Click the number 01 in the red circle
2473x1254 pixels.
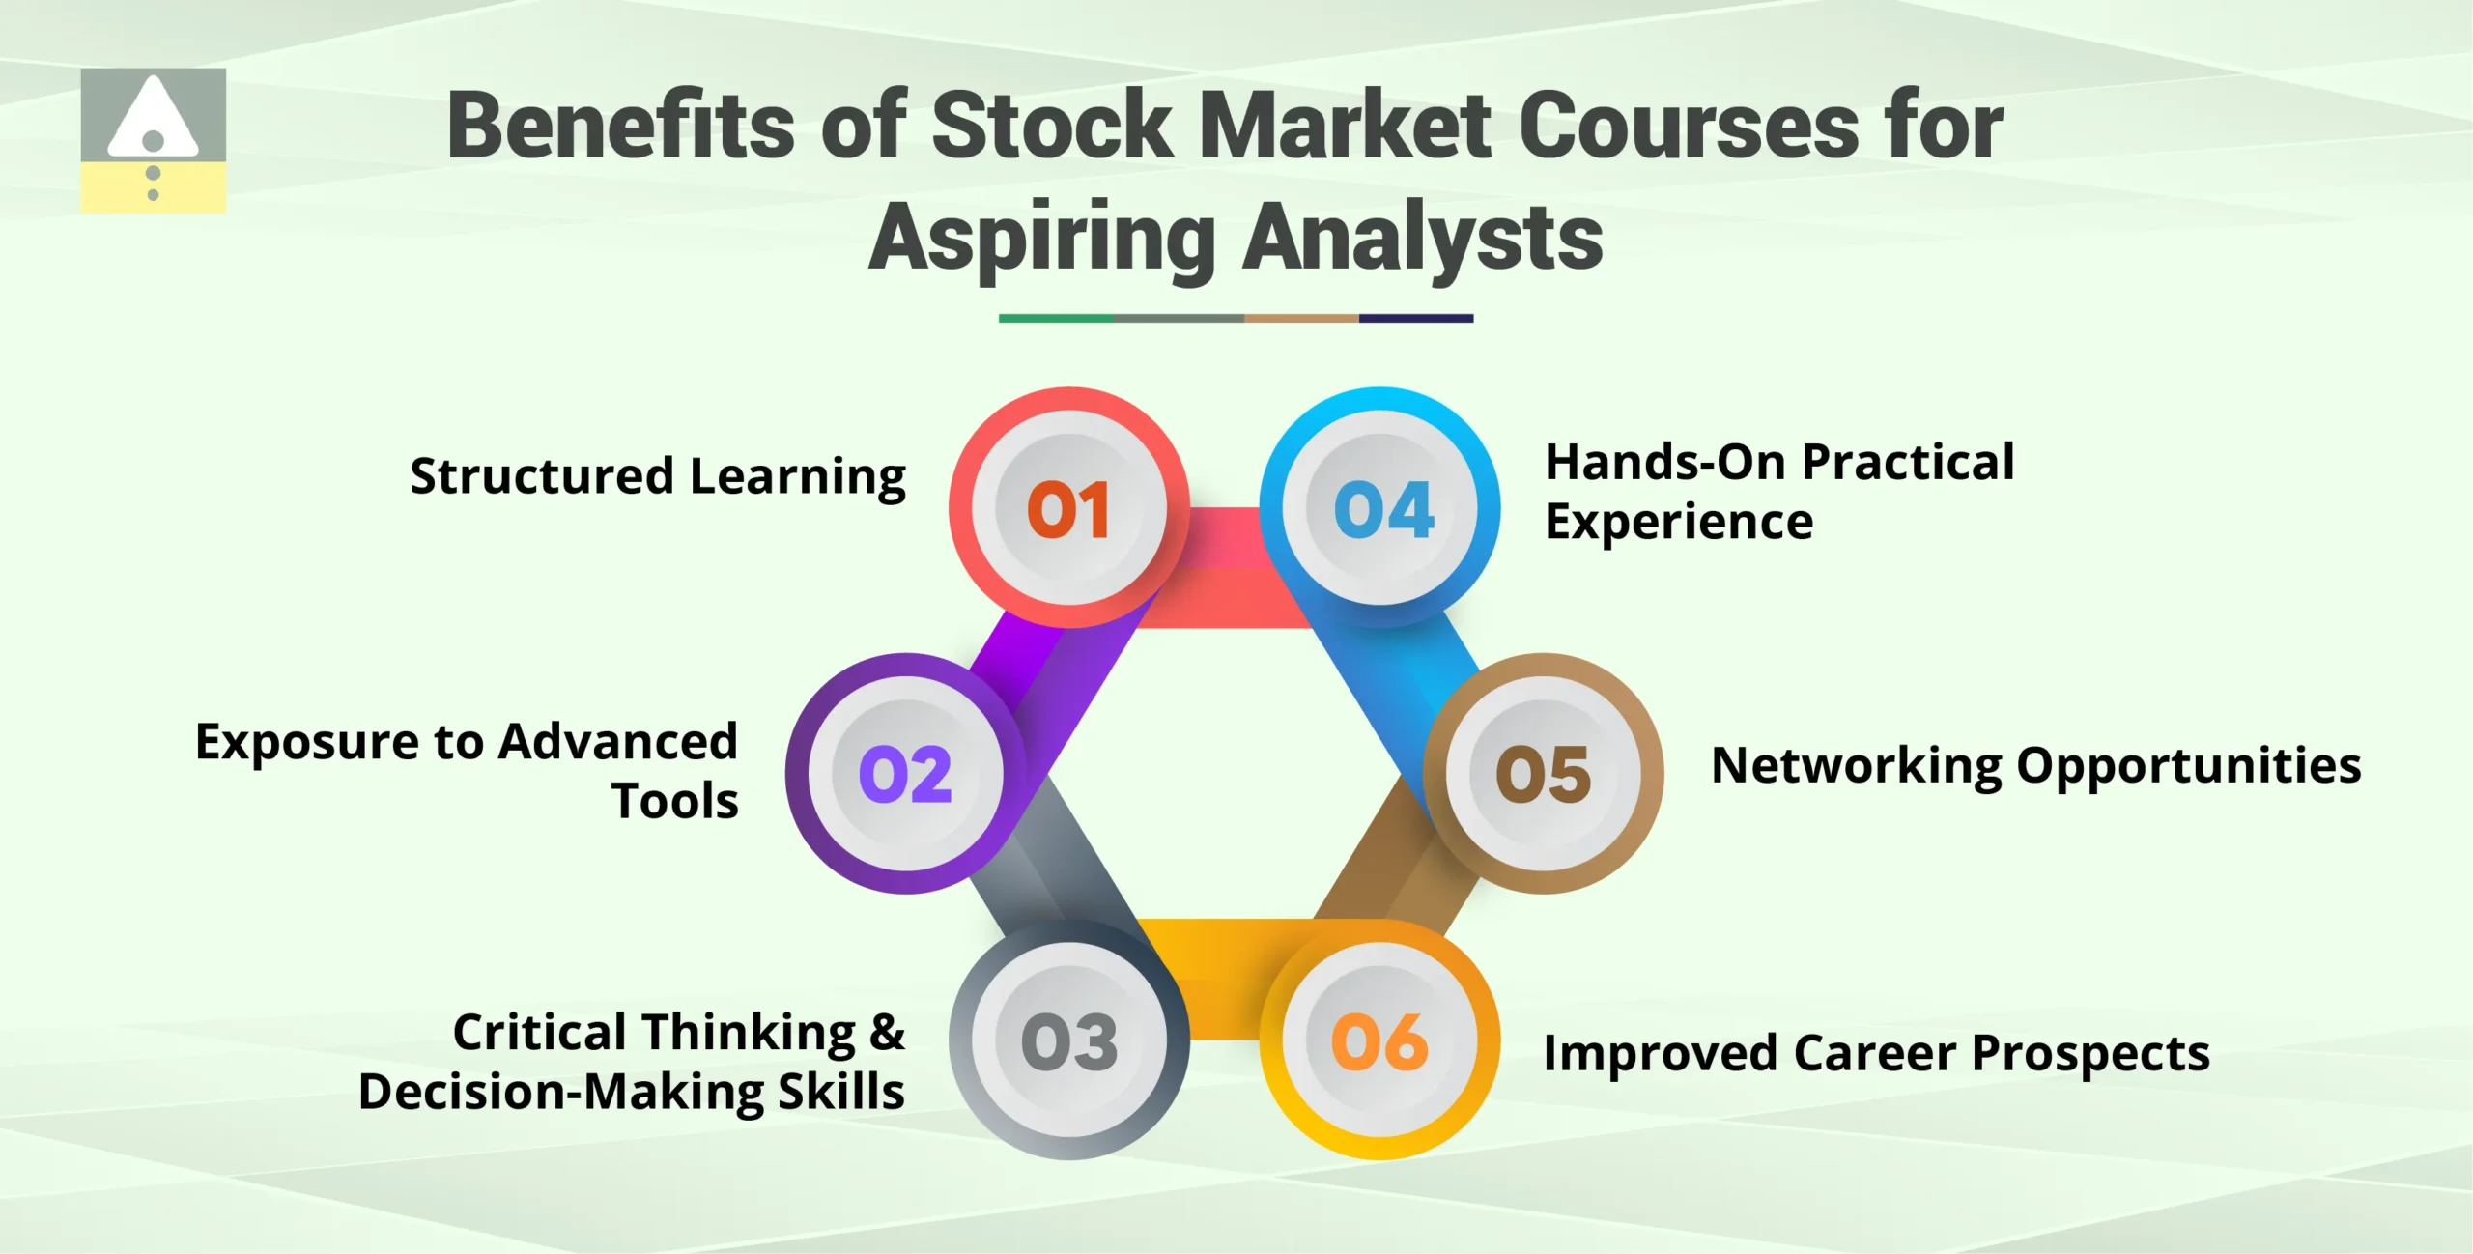pyautogui.click(x=1067, y=509)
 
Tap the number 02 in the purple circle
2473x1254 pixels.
pyautogui.click(x=905, y=774)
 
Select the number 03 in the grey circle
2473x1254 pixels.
pyautogui.click(x=1069, y=1042)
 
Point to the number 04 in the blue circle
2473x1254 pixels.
pyautogui.click(x=1383, y=509)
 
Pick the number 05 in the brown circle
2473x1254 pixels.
pyautogui.click(x=1543, y=774)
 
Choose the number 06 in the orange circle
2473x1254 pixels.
pyautogui.click(x=1379, y=1042)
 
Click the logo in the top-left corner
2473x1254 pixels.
pyautogui.click(x=154, y=140)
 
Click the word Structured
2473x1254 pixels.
pyautogui.click(x=541, y=476)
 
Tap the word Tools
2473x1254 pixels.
pyautogui.click(x=675, y=801)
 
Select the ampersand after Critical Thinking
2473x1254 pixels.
pyautogui.click(x=887, y=1032)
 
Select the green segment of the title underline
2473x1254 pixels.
pyautogui.click(x=1056, y=318)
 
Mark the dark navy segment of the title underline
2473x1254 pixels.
pyautogui.click(x=1416, y=318)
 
